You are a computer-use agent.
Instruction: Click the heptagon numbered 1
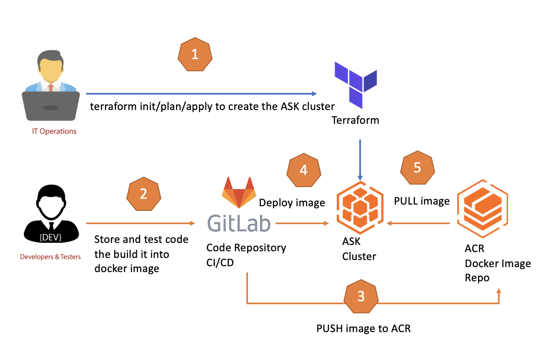pos(195,55)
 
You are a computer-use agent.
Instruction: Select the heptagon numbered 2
pos(143,194)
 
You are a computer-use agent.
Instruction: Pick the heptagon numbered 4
pos(303,170)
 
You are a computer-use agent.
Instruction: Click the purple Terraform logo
pos(356,84)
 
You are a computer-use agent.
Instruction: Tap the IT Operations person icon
pos(50,87)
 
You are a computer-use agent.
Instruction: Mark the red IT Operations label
pos(55,131)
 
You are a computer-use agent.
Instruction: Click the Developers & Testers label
pos(50,257)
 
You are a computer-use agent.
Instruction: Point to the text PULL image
pos(422,201)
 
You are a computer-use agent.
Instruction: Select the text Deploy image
pos(292,203)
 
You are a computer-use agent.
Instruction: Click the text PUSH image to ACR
pos(363,328)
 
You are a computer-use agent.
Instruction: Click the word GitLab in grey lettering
pos(239,224)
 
